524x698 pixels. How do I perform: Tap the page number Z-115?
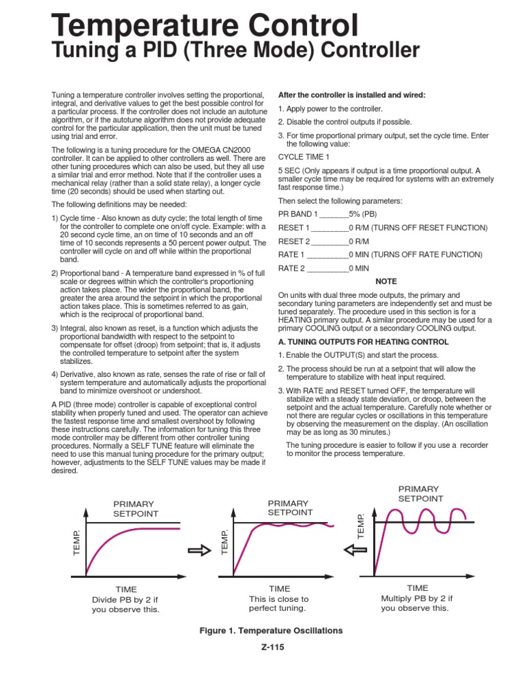point(272,648)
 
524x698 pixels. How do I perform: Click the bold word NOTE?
point(386,282)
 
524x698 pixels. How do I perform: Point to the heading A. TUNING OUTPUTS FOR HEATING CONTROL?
point(363,342)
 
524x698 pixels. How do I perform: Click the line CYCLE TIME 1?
point(304,156)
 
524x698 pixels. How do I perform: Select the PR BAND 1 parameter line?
point(321,213)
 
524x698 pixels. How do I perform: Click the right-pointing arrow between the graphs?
point(200,551)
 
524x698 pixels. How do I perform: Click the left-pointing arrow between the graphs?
point(355,549)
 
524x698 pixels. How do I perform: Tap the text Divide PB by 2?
point(126,599)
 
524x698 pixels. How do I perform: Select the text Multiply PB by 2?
point(416,598)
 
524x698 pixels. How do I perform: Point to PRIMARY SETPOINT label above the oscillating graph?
point(420,494)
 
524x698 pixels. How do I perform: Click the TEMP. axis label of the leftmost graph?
point(76,541)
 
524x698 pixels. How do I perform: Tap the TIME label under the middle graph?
point(280,588)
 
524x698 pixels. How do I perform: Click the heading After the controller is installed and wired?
point(351,95)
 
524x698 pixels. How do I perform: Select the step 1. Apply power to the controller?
point(331,109)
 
